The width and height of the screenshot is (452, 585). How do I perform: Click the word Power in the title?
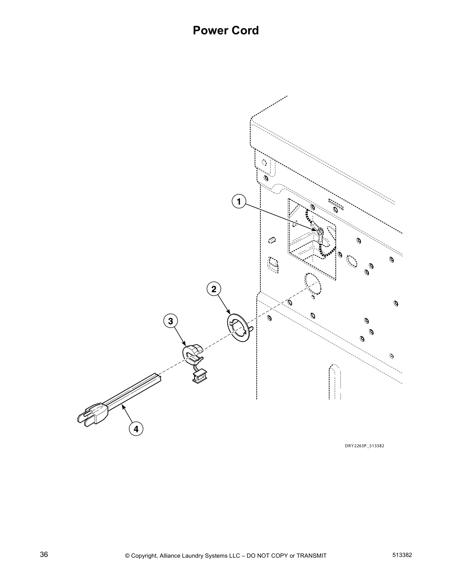(210, 30)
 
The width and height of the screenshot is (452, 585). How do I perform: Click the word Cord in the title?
(245, 30)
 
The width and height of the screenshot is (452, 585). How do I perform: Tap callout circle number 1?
(239, 202)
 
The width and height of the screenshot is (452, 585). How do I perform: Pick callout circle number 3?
(170, 321)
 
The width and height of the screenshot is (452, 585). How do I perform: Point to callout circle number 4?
(136, 429)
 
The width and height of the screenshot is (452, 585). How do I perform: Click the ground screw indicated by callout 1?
(320, 232)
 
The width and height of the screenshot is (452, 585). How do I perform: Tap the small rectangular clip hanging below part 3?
(199, 376)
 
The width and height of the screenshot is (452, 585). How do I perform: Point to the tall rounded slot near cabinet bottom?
(335, 382)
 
